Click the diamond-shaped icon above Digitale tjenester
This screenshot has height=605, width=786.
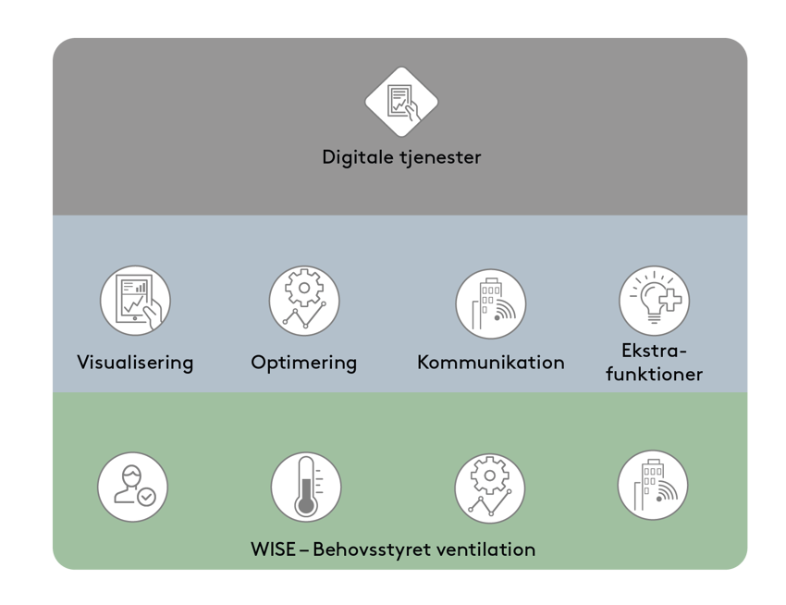click(x=401, y=102)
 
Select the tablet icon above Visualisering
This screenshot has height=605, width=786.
click(x=135, y=301)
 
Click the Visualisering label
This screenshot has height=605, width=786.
click(x=135, y=362)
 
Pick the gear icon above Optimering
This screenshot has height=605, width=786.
click(x=304, y=301)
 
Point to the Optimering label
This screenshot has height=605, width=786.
click(x=304, y=362)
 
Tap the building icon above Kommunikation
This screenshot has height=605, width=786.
click(x=490, y=302)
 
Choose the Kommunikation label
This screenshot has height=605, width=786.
click(x=490, y=362)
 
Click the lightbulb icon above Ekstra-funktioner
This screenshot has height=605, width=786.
click(x=654, y=301)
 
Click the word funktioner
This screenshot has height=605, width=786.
click(x=654, y=375)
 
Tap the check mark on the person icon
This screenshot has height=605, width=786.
click(x=146, y=497)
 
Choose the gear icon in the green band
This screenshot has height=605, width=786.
click(x=489, y=488)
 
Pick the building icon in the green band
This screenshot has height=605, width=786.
click(x=653, y=485)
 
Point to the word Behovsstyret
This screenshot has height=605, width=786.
click(x=366, y=549)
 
